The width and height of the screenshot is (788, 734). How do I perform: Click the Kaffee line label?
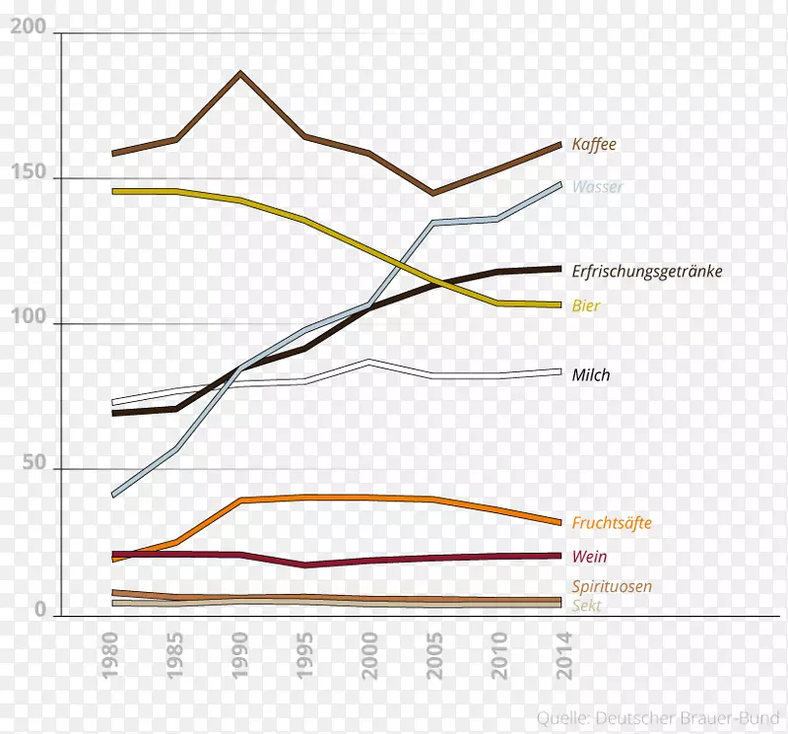pos(594,144)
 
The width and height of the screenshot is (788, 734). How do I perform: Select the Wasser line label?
pos(597,186)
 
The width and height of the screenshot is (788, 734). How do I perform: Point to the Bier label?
pos(586,306)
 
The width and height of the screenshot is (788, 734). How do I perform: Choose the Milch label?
pos(591,374)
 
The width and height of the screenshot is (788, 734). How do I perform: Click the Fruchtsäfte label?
pos(612,523)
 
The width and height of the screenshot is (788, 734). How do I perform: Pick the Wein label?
pos(589,557)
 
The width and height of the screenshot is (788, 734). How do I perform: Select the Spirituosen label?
pos(612,586)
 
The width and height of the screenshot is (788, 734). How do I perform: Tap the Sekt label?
pos(586,606)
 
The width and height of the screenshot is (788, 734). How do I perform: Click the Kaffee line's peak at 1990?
pos(239,73)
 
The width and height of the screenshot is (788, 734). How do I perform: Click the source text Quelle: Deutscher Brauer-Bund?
pos(659,716)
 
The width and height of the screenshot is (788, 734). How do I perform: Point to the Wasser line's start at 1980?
pos(114,494)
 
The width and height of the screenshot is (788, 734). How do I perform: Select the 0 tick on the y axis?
pos(41,611)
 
